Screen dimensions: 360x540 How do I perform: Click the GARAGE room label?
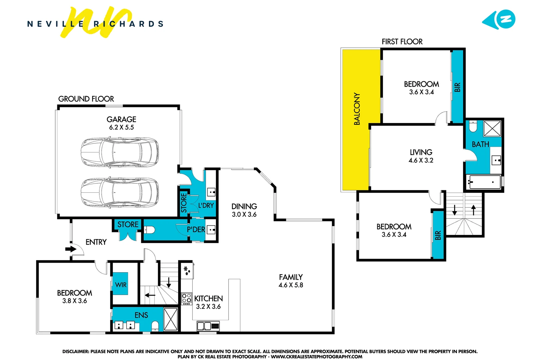(x=121, y=119)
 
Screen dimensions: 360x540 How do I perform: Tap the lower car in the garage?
(x=120, y=193)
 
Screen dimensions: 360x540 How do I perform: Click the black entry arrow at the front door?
(x=70, y=249)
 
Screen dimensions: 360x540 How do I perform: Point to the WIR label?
(x=121, y=285)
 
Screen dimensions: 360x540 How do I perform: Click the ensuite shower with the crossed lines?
(x=171, y=319)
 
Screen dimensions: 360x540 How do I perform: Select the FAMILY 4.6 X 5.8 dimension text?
(x=290, y=285)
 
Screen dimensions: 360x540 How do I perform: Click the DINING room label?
(x=244, y=206)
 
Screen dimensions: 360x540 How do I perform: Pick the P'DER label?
(x=196, y=230)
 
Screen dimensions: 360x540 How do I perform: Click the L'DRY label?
(x=206, y=206)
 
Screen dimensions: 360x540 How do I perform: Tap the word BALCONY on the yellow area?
(x=357, y=109)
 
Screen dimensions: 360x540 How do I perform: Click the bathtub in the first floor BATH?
(x=484, y=182)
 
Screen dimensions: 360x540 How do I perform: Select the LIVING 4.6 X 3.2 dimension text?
(x=421, y=160)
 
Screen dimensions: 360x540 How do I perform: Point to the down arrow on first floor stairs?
(x=454, y=210)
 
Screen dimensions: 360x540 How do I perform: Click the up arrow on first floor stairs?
(x=473, y=210)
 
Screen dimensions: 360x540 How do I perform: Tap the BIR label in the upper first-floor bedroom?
(x=457, y=87)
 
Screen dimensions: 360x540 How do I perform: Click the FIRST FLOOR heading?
(x=402, y=42)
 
